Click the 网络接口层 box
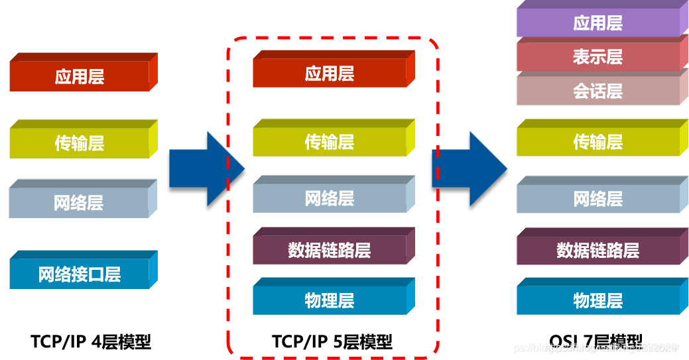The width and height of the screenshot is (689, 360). coord(80,274)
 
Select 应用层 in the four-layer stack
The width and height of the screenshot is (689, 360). coord(80,77)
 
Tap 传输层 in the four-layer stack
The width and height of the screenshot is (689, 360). coord(80,143)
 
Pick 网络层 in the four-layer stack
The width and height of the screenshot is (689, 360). coord(79,203)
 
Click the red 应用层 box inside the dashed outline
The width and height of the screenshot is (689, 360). coord(330,74)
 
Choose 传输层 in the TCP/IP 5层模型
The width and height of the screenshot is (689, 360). coord(330,142)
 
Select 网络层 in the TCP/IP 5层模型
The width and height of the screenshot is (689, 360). coord(330,198)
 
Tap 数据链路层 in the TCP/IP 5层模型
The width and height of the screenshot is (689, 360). coord(330,251)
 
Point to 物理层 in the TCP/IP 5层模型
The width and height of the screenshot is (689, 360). coord(330,300)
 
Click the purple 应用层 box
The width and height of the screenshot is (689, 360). coord(597,23)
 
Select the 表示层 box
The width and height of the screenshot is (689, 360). coord(597,57)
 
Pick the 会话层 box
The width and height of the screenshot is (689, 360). coord(597,91)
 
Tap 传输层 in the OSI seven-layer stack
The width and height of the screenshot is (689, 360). coord(597,142)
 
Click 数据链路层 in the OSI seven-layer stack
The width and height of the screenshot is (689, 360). coord(597,251)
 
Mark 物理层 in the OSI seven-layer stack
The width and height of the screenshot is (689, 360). coord(597,300)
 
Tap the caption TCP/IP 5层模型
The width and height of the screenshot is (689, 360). coord(332,341)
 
